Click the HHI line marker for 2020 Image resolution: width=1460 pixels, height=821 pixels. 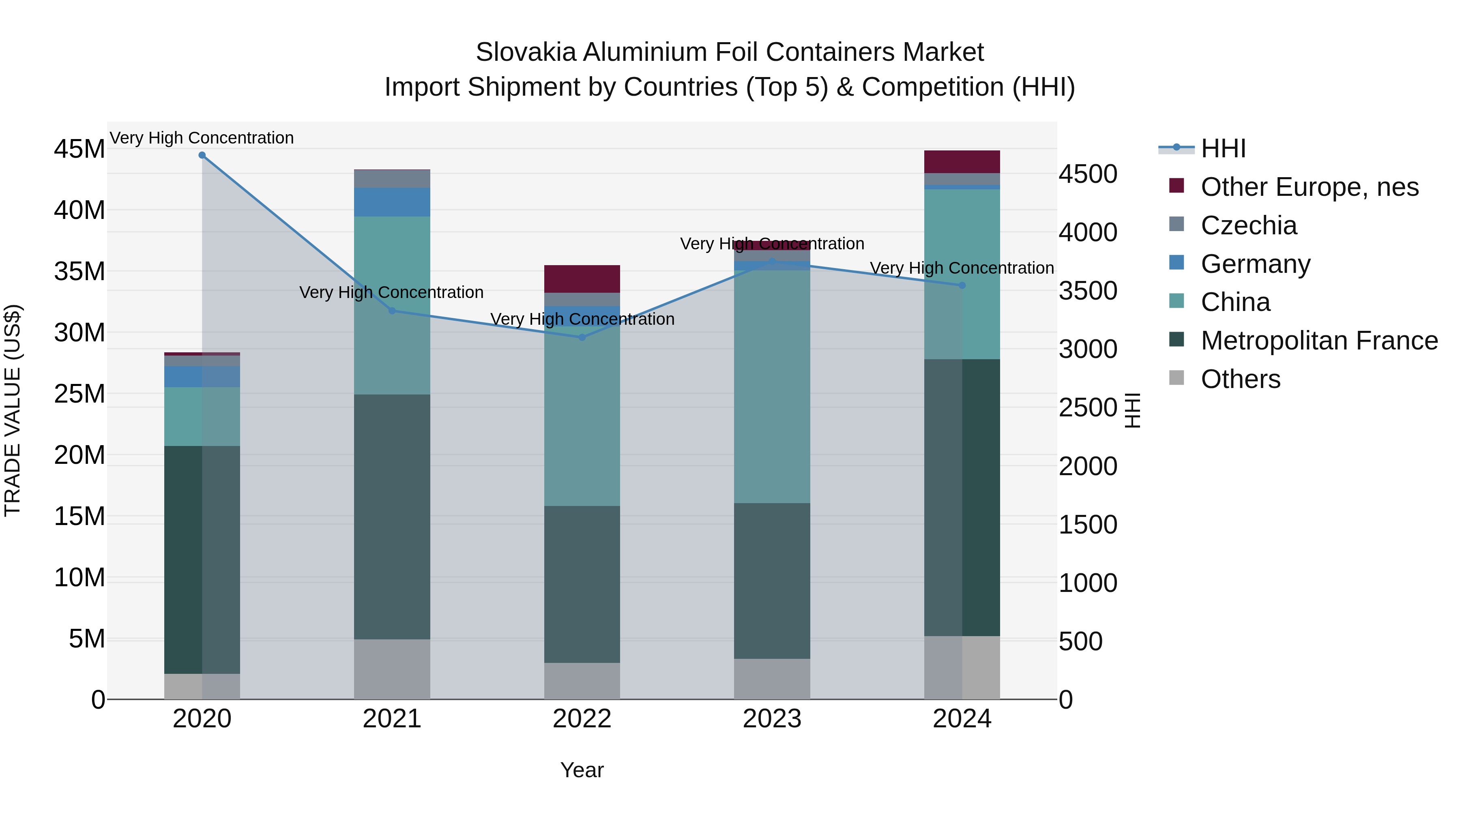click(x=202, y=155)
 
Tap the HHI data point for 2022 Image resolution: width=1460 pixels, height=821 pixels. click(x=582, y=337)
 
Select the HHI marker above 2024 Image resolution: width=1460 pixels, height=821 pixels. click(x=962, y=285)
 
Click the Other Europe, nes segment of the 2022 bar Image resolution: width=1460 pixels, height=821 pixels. click(x=582, y=279)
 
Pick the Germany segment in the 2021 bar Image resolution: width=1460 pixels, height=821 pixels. click(x=392, y=202)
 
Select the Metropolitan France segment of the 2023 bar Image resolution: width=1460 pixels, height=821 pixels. click(x=772, y=581)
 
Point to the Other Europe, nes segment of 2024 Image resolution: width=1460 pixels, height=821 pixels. click(x=962, y=162)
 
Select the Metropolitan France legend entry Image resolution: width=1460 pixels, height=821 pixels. click(x=1318, y=341)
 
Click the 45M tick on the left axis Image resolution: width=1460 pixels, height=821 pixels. click(x=79, y=150)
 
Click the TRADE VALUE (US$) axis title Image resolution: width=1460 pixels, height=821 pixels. click(x=13, y=410)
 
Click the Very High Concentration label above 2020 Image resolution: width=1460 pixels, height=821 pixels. click(x=202, y=138)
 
